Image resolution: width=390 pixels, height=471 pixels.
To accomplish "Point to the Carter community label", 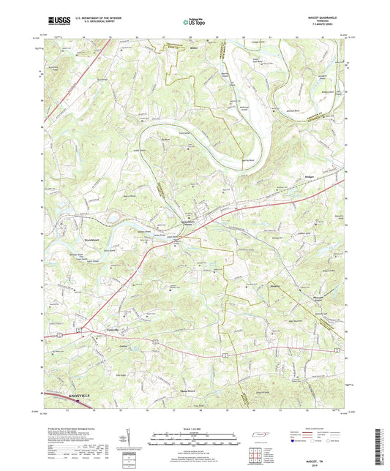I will [x=102, y=346].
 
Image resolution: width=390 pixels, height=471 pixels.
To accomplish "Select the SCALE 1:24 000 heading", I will [x=195, y=427].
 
